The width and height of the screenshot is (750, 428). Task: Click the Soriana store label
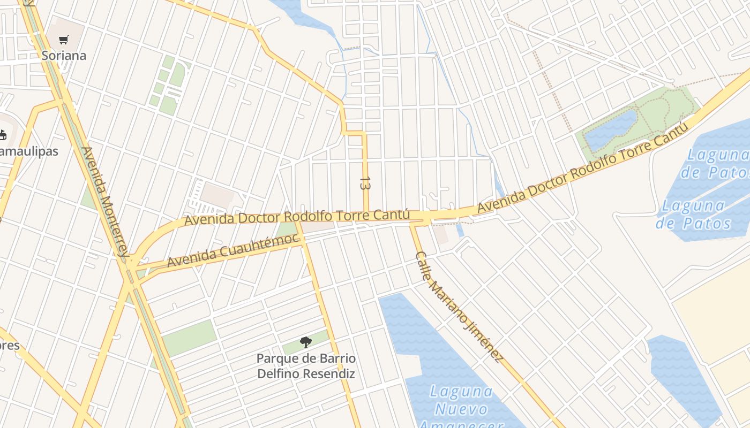pos(64,56)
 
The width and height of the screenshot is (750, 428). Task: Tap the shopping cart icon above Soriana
pos(64,40)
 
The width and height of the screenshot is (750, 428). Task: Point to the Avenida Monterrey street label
pos(105,203)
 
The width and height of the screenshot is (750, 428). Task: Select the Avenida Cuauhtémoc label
pos(233,250)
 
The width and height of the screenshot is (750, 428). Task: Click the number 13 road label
pos(365,184)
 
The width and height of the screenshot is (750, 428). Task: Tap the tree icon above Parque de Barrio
pos(306,342)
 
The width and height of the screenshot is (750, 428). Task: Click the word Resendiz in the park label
pos(329,373)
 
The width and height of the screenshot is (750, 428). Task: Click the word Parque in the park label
pos(277,358)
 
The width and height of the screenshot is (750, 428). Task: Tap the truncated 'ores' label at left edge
pos(10,346)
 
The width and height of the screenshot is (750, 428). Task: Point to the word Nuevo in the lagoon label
pos(461,409)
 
